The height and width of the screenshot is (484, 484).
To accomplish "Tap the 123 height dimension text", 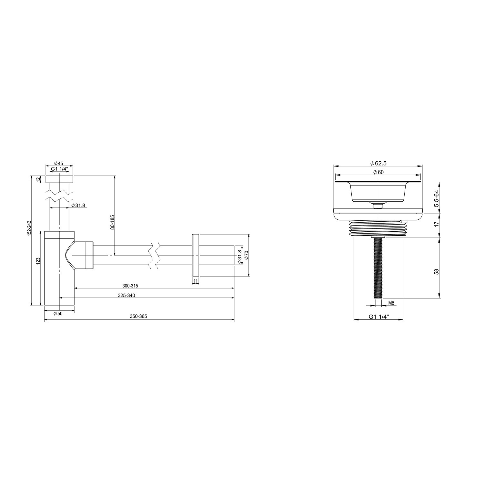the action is coord(38,260).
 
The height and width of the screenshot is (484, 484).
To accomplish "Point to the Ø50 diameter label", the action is coord(58,314).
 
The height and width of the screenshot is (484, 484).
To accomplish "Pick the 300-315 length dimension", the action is coord(130,286).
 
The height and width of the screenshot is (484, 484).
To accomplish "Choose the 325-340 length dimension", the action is coord(126,295).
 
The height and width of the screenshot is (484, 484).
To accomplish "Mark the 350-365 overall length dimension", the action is coord(138,317).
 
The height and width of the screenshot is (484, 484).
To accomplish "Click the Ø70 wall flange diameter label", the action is coord(246,255).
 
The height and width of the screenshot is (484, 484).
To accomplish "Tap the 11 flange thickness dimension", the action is coord(196,281).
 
